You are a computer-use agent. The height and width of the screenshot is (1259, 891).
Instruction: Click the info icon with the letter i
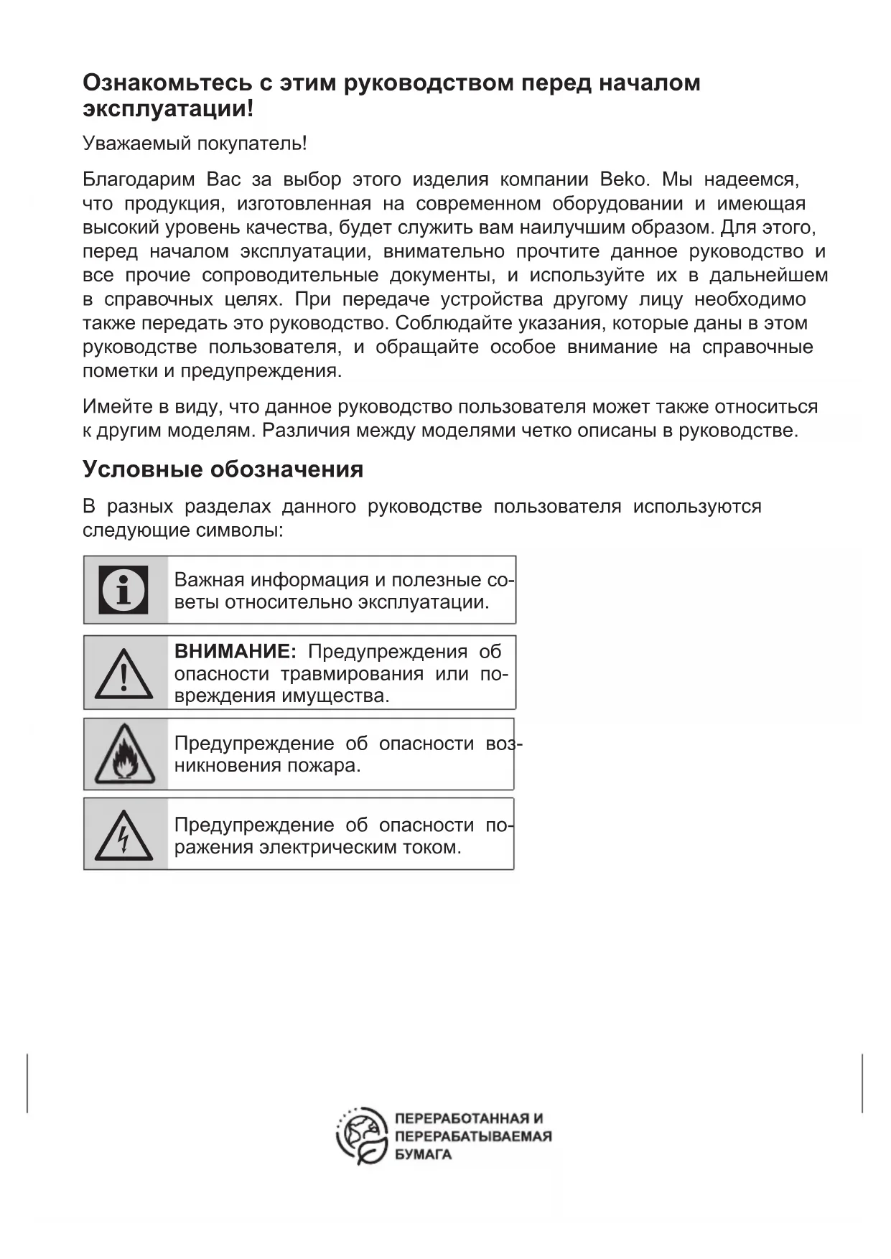pos(123,589)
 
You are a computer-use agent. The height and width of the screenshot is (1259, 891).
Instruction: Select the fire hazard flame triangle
pos(124,755)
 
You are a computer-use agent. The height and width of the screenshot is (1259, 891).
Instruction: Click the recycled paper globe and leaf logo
pos(363,1136)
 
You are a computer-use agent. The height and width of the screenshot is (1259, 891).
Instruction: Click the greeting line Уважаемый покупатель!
pos(195,143)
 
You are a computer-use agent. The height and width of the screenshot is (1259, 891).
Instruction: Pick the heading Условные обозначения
pos(223,469)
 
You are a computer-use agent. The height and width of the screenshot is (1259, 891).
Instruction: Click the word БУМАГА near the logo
pos(424,1154)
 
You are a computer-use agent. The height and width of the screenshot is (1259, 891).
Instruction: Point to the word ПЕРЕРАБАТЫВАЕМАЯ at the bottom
pos(473,1136)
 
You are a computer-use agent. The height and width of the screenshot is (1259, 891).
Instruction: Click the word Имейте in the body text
pos(113,406)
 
